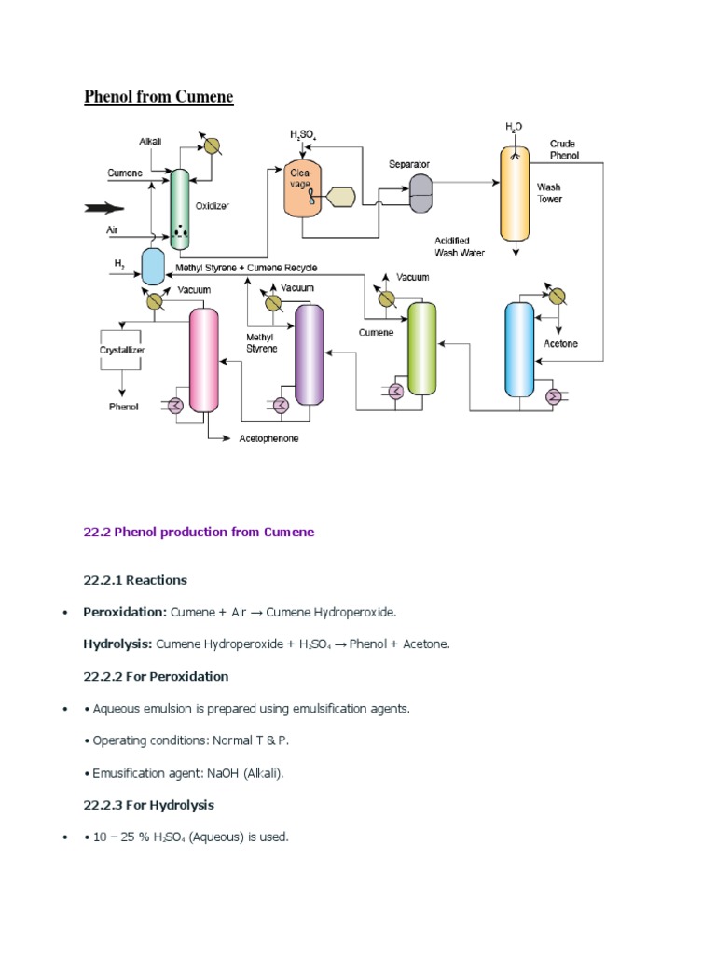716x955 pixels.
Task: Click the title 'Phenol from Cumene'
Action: click(x=158, y=97)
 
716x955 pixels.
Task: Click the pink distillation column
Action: click(x=203, y=359)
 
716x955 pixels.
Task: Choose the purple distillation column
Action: click(x=310, y=354)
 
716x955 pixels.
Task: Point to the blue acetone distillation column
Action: click(x=518, y=351)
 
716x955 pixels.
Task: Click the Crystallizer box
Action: click(x=123, y=350)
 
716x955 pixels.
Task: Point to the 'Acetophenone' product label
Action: click(x=268, y=438)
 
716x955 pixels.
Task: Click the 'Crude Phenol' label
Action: click(x=563, y=149)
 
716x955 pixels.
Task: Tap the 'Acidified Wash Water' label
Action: click(x=459, y=245)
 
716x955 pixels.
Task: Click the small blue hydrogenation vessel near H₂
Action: click(x=152, y=267)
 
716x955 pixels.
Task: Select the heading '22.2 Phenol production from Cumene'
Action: click(x=199, y=532)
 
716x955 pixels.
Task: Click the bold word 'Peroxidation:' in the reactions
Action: click(x=125, y=612)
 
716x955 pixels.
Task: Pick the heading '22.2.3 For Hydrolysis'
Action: click(x=148, y=805)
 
